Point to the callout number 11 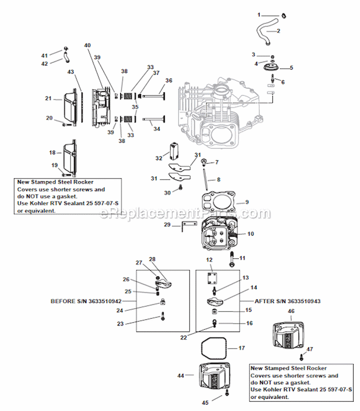(x=242, y=258)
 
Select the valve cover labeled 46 (x=290, y=334)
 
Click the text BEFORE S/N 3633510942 (x=86, y=301)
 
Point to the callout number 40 (x=87, y=45)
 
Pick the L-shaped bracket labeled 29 (x=189, y=227)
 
